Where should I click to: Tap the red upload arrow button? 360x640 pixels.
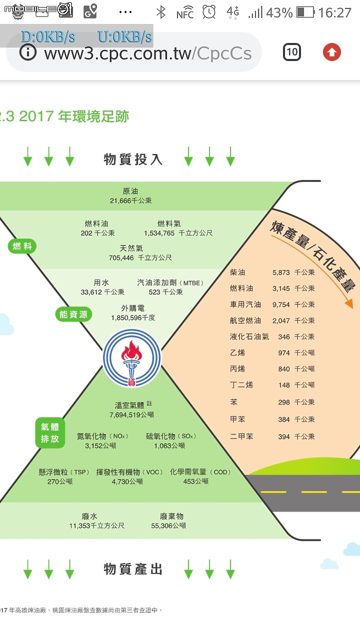(331, 52)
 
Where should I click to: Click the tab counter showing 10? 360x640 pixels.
(291, 52)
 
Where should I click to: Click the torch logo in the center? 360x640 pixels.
(132, 358)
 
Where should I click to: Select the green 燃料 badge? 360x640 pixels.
(22, 246)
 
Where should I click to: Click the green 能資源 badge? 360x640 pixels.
(73, 314)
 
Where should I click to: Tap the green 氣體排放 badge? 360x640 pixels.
(50, 433)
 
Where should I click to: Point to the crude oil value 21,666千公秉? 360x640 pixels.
(131, 201)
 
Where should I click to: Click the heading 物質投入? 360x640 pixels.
(133, 159)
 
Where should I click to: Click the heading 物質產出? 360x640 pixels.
(133, 569)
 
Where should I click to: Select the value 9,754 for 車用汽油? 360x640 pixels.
(281, 305)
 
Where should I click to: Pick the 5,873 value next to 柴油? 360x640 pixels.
(281, 272)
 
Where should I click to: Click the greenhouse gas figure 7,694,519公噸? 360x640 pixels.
(131, 415)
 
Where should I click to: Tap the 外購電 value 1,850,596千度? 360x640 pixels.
(133, 317)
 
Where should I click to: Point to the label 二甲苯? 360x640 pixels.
(241, 436)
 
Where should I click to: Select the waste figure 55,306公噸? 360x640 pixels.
(168, 525)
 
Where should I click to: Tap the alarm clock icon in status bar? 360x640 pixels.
(209, 12)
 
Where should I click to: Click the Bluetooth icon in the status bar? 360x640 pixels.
(161, 12)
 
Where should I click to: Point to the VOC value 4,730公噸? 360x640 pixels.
(127, 481)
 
